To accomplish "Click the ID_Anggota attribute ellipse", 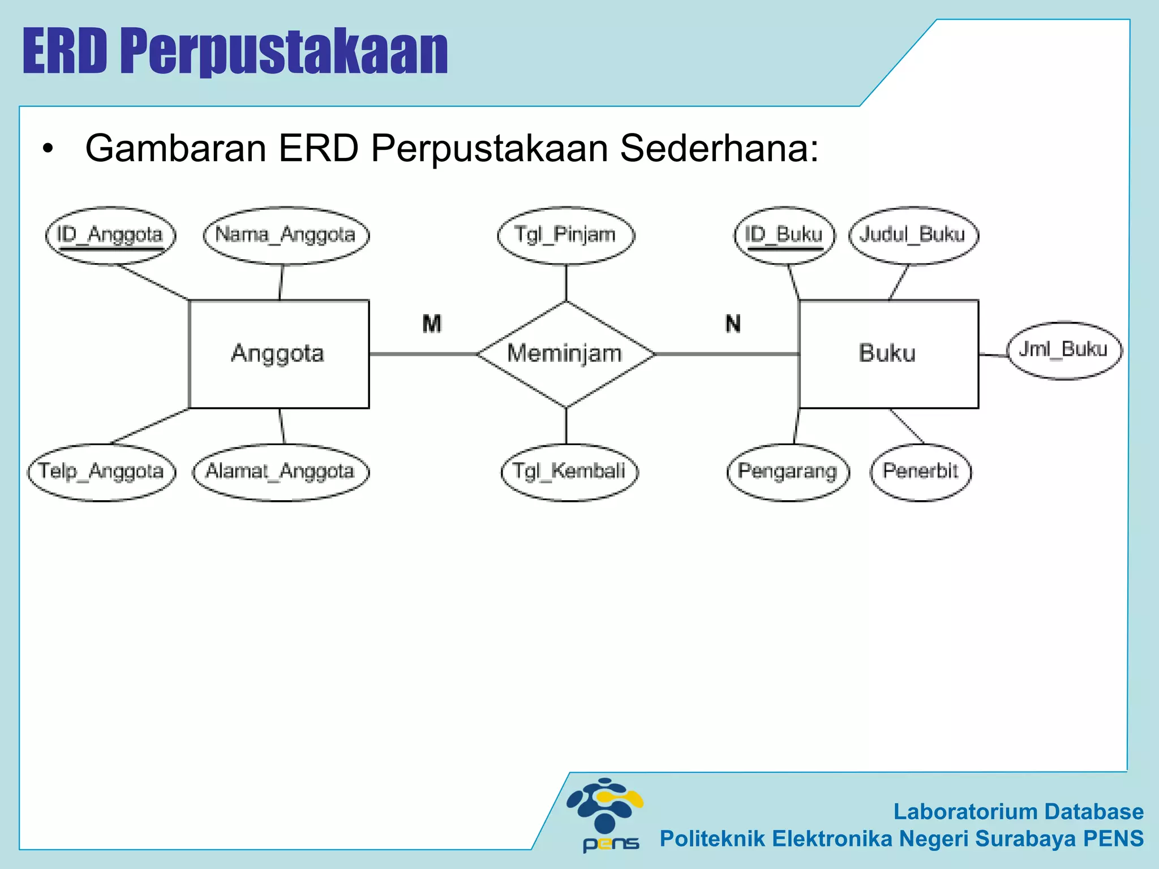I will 110,235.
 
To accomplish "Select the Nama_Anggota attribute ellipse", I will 286,235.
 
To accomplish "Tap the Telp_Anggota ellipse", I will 101,471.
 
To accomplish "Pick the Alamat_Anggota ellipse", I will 280,471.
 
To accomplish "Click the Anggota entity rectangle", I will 278,354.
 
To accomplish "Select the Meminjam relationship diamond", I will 565,354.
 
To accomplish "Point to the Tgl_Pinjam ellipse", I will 565,235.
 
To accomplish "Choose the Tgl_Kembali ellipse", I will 569,471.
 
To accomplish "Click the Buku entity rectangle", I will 888,354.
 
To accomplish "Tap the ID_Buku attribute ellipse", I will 784,235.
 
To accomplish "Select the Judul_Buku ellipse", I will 913,235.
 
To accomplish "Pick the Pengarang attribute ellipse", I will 788,471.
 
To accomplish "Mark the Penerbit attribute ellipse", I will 920,471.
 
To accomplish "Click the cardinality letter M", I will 432,324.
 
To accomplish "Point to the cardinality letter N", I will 733,324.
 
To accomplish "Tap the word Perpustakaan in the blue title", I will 284,52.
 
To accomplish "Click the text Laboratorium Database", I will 1018,811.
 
